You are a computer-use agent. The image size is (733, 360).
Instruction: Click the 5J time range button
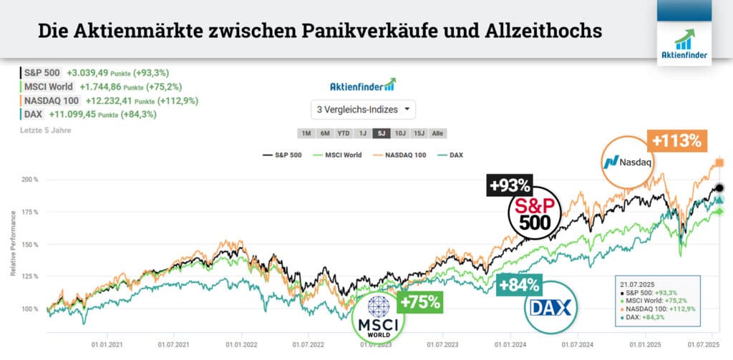point(381,133)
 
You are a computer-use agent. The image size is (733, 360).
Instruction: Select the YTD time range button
point(344,133)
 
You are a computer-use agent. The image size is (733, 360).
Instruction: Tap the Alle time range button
point(437,133)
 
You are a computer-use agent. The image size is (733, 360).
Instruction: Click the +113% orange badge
point(675,141)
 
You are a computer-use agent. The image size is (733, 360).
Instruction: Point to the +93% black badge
point(510,186)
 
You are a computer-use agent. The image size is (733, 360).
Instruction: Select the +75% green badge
point(420,301)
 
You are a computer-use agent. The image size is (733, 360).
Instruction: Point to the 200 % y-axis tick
point(29,180)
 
